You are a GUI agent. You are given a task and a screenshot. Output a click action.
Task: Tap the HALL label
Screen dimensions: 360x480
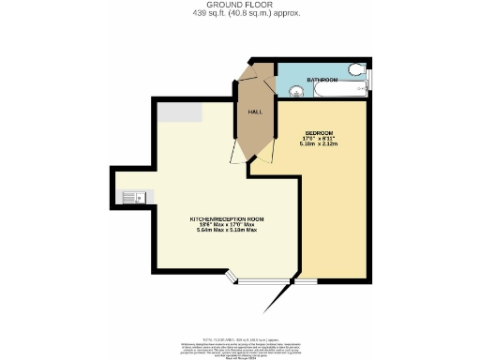254,112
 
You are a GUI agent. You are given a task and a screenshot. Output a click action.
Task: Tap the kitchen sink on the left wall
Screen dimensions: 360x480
130,197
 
